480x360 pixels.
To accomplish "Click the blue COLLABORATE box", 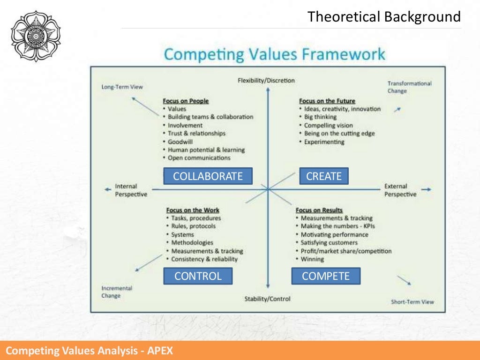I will (208, 176).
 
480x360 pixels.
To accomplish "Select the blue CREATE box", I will (324, 176).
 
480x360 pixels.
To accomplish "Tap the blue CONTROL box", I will (198, 276).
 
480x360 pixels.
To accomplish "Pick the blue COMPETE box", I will (326, 276).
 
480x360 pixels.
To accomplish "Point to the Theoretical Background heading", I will (384, 17).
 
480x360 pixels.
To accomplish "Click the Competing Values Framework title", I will (274, 54).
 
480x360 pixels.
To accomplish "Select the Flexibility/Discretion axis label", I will (267, 80).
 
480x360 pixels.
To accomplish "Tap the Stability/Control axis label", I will (267, 299).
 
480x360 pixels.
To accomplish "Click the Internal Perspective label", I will (131, 190).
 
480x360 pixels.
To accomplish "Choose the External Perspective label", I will (400, 190).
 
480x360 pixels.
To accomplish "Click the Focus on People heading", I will (186, 101).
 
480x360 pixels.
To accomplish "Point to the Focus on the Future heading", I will (327, 101).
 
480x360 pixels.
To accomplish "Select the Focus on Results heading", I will (319, 210).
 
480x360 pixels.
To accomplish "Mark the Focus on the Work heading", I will (192, 210).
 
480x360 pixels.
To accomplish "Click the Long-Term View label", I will (122, 87).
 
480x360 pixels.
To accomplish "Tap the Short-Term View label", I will (412, 302).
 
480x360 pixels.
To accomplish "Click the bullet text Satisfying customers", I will (329, 242).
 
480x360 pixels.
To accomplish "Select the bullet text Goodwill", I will (181, 141).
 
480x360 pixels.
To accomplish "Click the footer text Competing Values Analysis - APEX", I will (89, 351).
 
